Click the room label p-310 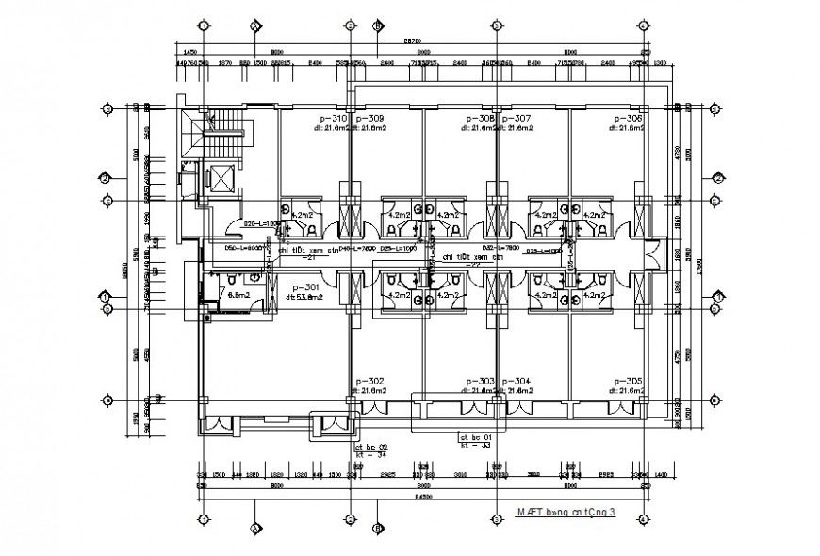tap(334, 119)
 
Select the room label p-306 tap(628, 119)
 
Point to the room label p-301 tap(305, 287)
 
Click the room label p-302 tap(371, 381)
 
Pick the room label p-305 tap(628, 381)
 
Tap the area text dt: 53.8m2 tap(305, 297)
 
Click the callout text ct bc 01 tap(475, 437)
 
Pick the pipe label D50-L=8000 tap(243, 247)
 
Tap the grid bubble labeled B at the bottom tap(378, 529)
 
